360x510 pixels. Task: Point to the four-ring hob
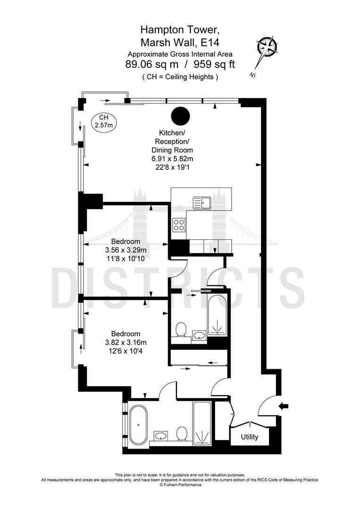[179, 224]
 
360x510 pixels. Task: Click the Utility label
[250, 437]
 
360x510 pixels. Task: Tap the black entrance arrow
[284, 406]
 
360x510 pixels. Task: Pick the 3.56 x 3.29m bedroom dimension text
[125, 250]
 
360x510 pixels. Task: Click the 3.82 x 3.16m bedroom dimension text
[126, 342]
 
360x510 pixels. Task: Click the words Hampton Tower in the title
[178, 30]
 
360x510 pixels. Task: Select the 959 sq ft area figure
[214, 65]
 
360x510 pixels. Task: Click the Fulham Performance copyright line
[180, 484]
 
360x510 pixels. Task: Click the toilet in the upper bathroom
[180, 330]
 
